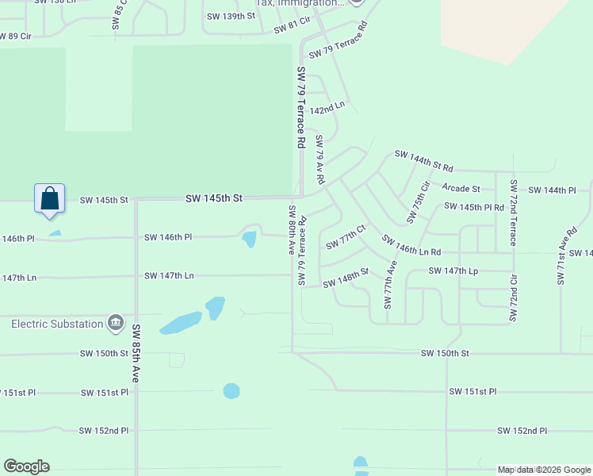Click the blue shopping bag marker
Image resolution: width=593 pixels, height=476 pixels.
click(x=49, y=198)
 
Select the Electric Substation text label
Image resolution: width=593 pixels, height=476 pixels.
click(x=57, y=324)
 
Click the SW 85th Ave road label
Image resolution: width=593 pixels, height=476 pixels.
click(x=136, y=354)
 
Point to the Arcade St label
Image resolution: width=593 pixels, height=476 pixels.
click(x=461, y=188)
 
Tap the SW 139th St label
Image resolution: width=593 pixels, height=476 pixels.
click(x=231, y=16)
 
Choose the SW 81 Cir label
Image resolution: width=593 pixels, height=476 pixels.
click(x=291, y=29)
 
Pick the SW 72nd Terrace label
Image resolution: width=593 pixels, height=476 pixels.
click(x=513, y=212)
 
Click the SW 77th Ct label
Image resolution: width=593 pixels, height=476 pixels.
click(x=346, y=236)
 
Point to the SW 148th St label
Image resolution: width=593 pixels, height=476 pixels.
click(x=346, y=278)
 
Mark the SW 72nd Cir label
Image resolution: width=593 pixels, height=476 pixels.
click(x=513, y=298)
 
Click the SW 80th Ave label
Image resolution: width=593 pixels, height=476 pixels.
click(x=291, y=230)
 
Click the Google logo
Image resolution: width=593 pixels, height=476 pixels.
click(x=26, y=466)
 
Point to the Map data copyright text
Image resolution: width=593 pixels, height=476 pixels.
click(x=544, y=470)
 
